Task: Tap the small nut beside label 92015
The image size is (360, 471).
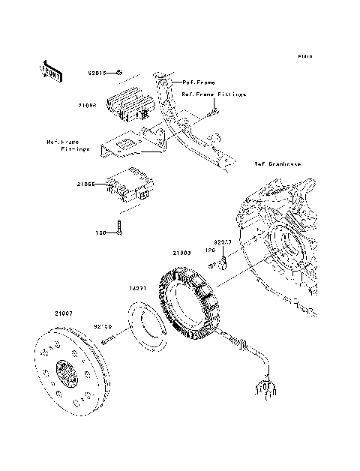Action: pos(118,73)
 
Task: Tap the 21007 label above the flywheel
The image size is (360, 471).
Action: pos(63,313)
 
